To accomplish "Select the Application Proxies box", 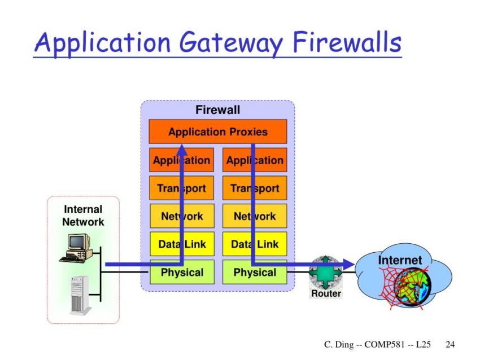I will [217, 132].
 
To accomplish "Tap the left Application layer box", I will [181, 160].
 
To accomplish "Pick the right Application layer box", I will [255, 160].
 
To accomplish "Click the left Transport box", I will [181, 188].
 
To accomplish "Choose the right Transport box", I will [255, 188].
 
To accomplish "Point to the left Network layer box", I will [181, 216].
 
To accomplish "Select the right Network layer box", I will [255, 216].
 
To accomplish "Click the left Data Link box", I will [181, 244].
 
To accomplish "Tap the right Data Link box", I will [255, 244].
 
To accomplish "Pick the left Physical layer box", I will [181, 273].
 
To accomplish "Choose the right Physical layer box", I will [255, 273].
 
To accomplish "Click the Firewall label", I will [217, 109].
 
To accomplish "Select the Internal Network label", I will [83, 216].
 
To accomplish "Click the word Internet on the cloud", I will [400, 260].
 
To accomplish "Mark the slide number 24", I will [450, 344].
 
